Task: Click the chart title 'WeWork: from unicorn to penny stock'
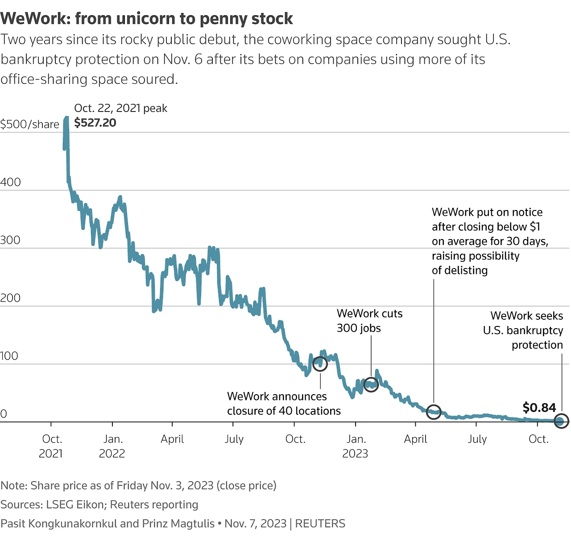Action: [x=147, y=19]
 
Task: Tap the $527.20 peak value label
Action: [x=95, y=123]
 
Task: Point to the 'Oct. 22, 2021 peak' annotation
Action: [x=120, y=108]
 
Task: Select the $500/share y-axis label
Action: [x=29, y=124]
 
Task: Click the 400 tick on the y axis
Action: [x=11, y=182]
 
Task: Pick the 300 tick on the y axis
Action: [x=11, y=240]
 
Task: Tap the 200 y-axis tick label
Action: [x=11, y=298]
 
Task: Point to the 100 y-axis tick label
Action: [x=9, y=356]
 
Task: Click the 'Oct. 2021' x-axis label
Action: [x=51, y=446]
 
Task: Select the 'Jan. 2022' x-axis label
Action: [x=112, y=446]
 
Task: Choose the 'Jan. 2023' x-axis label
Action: [x=355, y=446]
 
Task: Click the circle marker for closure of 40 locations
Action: [x=320, y=364]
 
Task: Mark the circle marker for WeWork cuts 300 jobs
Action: [x=371, y=384]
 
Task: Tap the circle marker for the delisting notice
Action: [x=434, y=412]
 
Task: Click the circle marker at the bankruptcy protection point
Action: [x=562, y=421]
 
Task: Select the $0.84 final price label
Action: [x=539, y=408]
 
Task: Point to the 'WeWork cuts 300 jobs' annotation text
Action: [x=369, y=321]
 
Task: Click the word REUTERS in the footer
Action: [x=320, y=524]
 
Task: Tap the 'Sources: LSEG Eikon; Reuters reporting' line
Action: [x=99, y=504]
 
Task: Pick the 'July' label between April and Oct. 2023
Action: [x=477, y=439]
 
